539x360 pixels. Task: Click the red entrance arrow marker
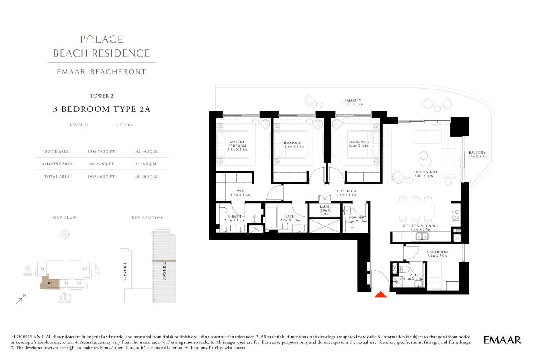(x=380, y=294)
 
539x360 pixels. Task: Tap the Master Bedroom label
(x=237, y=144)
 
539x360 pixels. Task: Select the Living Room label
(x=424, y=172)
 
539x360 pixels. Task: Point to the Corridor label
(x=346, y=191)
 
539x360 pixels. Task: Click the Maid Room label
(x=437, y=252)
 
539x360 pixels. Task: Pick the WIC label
(x=240, y=191)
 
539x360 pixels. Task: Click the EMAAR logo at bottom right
(x=502, y=340)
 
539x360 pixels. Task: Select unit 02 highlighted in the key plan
(x=50, y=283)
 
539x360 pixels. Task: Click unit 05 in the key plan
(x=85, y=269)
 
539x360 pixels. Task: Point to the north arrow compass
(x=20, y=301)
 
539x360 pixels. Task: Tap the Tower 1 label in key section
(x=125, y=273)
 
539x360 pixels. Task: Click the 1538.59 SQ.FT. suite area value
(x=102, y=151)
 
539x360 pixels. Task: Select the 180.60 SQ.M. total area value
(x=146, y=177)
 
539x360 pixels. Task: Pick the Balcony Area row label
(x=57, y=164)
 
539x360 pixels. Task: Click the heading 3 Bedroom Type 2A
(x=102, y=109)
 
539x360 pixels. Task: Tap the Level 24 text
(x=80, y=125)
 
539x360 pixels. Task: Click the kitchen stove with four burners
(x=456, y=214)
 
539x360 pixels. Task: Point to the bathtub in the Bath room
(x=271, y=217)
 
